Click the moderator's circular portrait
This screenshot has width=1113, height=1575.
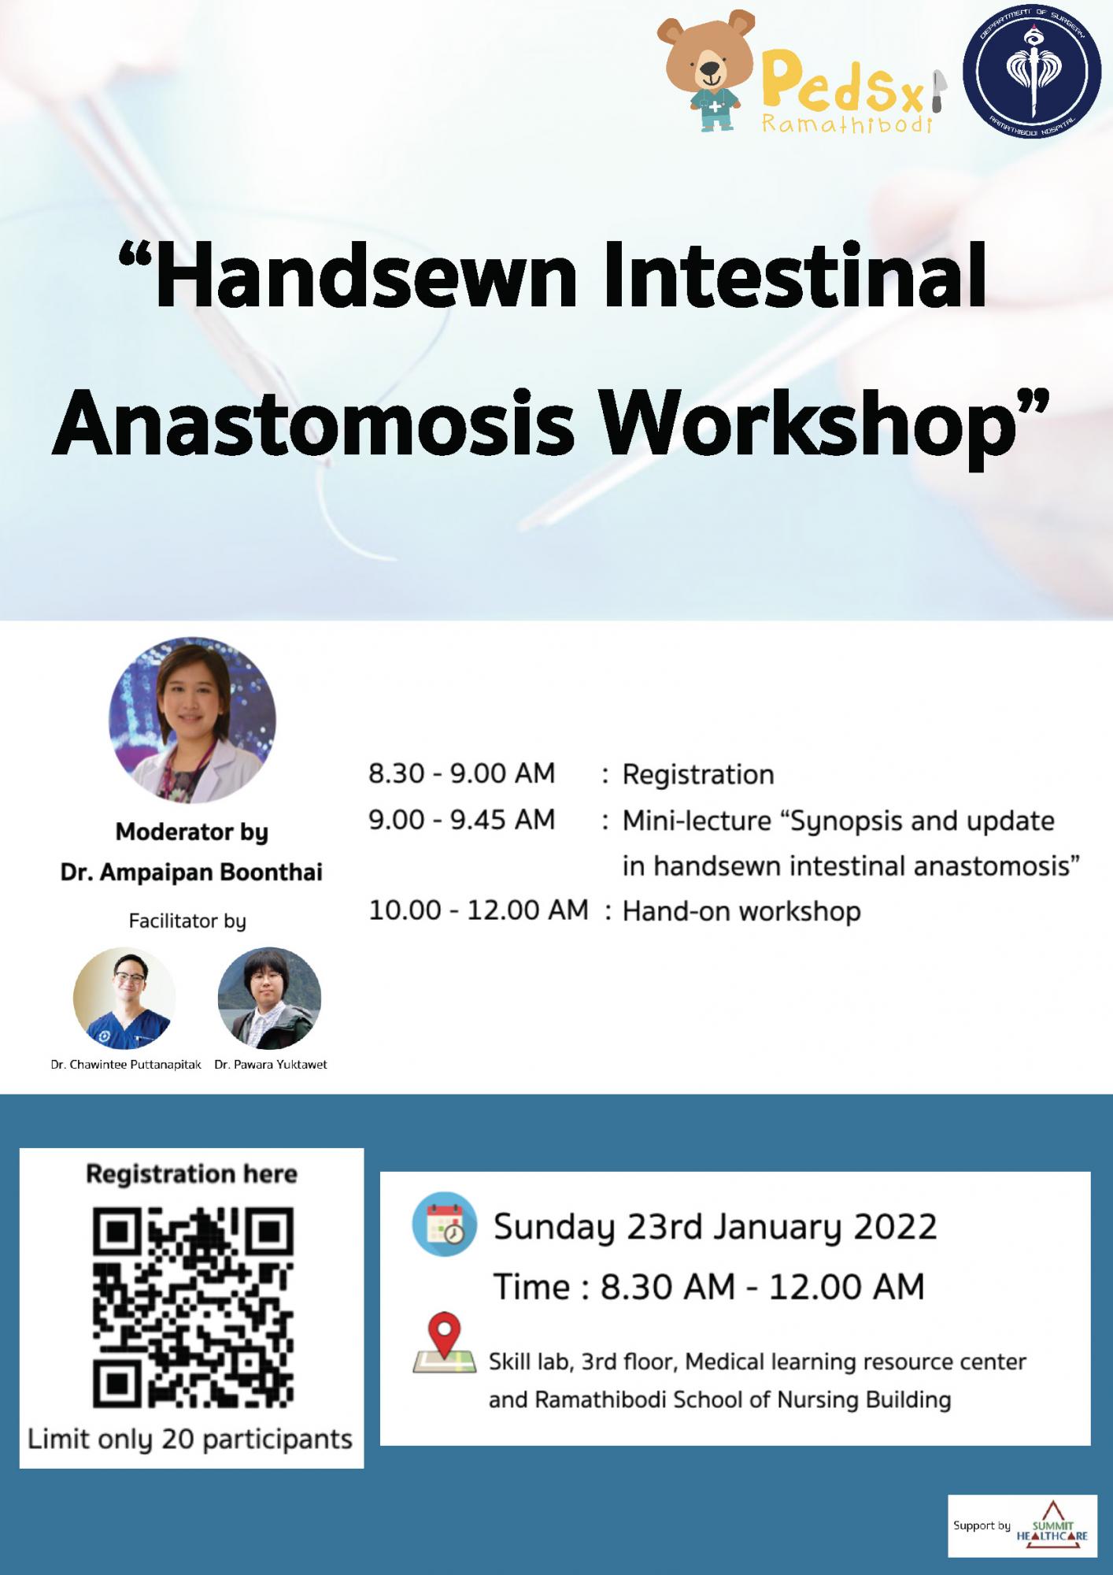(x=192, y=720)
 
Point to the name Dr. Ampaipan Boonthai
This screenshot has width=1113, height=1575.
(x=191, y=873)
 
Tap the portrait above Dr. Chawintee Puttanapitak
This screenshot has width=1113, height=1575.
(x=124, y=998)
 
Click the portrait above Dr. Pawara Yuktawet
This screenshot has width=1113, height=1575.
(x=269, y=998)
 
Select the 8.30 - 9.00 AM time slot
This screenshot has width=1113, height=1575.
(x=462, y=773)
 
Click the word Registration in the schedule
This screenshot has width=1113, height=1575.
(x=698, y=775)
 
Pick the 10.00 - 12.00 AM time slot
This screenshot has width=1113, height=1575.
(x=479, y=910)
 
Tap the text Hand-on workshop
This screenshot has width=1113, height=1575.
(x=741, y=911)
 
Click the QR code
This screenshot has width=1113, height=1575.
(x=193, y=1309)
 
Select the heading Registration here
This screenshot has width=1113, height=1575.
(x=191, y=1174)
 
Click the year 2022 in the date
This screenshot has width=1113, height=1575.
(x=896, y=1227)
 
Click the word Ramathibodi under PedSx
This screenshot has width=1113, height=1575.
(x=847, y=123)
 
